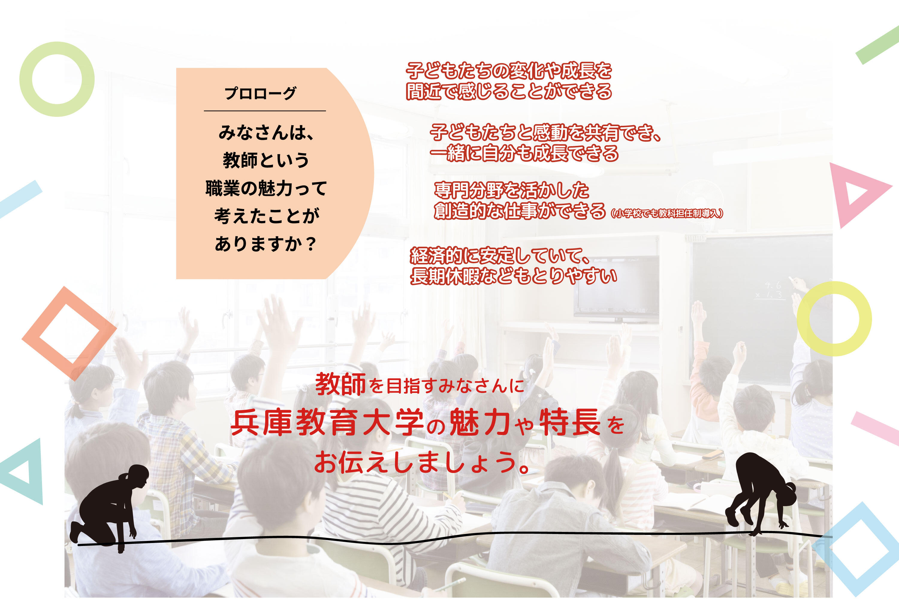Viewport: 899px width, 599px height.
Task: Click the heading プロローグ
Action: (x=260, y=93)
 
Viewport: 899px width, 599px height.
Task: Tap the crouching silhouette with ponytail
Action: (x=108, y=506)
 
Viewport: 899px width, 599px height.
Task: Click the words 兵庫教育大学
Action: (x=327, y=423)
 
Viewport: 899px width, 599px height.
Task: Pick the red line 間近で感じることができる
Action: (x=509, y=91)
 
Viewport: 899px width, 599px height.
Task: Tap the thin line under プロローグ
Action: (x=265, y=111)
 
